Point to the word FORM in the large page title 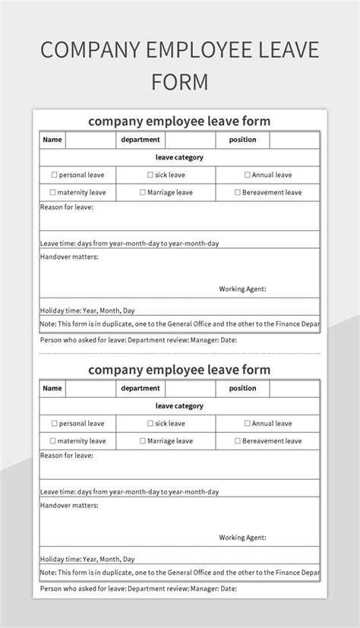[x=179, y=81]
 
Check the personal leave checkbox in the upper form [x=54, y=175]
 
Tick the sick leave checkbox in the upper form [x=150, y=175]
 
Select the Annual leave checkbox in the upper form [x=248, y=175]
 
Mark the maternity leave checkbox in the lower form [x=52, y=441]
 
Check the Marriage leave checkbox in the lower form [x=143, y=441]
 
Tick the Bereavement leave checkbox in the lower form [x=238, y=441]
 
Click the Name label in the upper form [x=52, y=140]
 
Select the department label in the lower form [x=141, y=388]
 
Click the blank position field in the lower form [x=294, y=388]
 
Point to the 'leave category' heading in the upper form [x=179, y=157]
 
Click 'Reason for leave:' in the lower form [x=66, y=455]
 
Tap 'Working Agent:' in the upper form [x=242, y=289]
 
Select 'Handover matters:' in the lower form [x=69, y=505]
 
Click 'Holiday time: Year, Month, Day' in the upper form [x=87, y=311]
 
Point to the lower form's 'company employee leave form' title [x=179, y=370]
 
